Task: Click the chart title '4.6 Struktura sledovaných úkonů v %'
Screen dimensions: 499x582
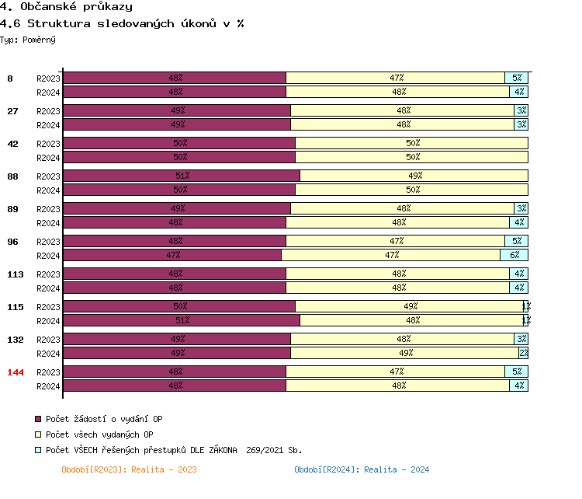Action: [x=123, y=23]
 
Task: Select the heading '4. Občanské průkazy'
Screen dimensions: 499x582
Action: [x=66, y=7]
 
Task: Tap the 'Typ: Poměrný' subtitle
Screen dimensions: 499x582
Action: [x=28, y=39]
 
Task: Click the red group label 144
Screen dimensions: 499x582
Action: [x=16, y=372]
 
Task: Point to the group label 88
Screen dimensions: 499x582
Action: [x=12, y=176]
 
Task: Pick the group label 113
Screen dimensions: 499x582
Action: [x=16, y=274]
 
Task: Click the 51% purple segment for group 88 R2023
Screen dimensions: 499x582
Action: [x=181, y=176]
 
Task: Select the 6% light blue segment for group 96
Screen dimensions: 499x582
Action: [x=514, y=255]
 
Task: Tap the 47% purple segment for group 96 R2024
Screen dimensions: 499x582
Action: [x=171, y=255]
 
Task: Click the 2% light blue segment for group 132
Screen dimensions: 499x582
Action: [x=524, y=353]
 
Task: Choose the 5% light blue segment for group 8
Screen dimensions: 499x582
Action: [x=516, y=78]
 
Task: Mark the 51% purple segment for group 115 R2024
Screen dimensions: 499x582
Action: [x=181, y=320]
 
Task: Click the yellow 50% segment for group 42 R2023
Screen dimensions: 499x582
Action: [x=411, y=143]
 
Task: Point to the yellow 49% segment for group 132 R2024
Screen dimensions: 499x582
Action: [x=404, y=353]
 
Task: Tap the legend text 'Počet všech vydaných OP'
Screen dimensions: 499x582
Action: [x=99, y=434]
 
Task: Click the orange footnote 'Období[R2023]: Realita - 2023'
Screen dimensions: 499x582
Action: [x=129, y=469]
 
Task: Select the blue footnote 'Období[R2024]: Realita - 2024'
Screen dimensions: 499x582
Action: [x=362, y=469]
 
